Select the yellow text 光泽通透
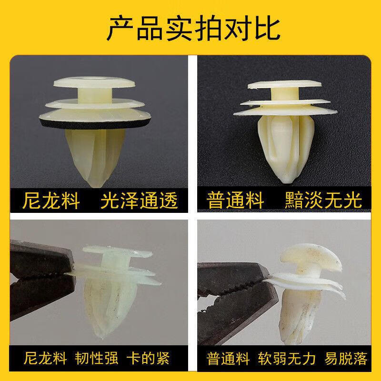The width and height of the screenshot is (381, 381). (x=139, y=201)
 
